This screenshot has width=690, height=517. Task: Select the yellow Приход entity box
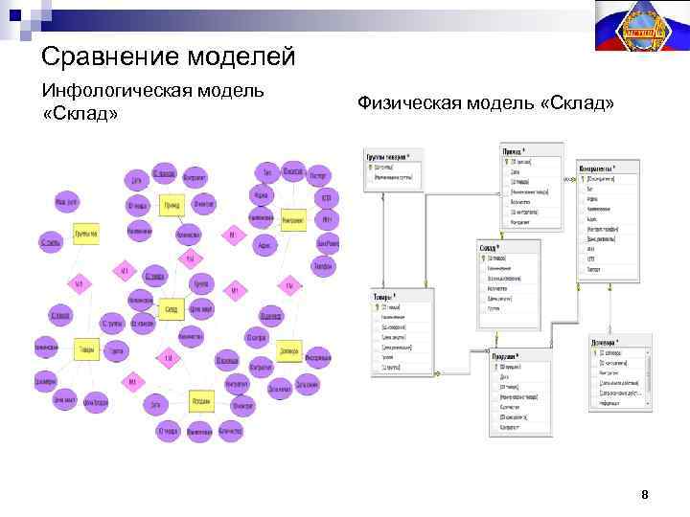[x=172, y=205]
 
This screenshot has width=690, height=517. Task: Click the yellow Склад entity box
[x=171, y=309]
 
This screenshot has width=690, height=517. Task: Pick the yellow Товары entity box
[x=86, y=350]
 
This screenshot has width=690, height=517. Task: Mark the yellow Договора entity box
[x=288, y=351]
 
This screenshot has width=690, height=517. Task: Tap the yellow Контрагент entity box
[x=292, y=219]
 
